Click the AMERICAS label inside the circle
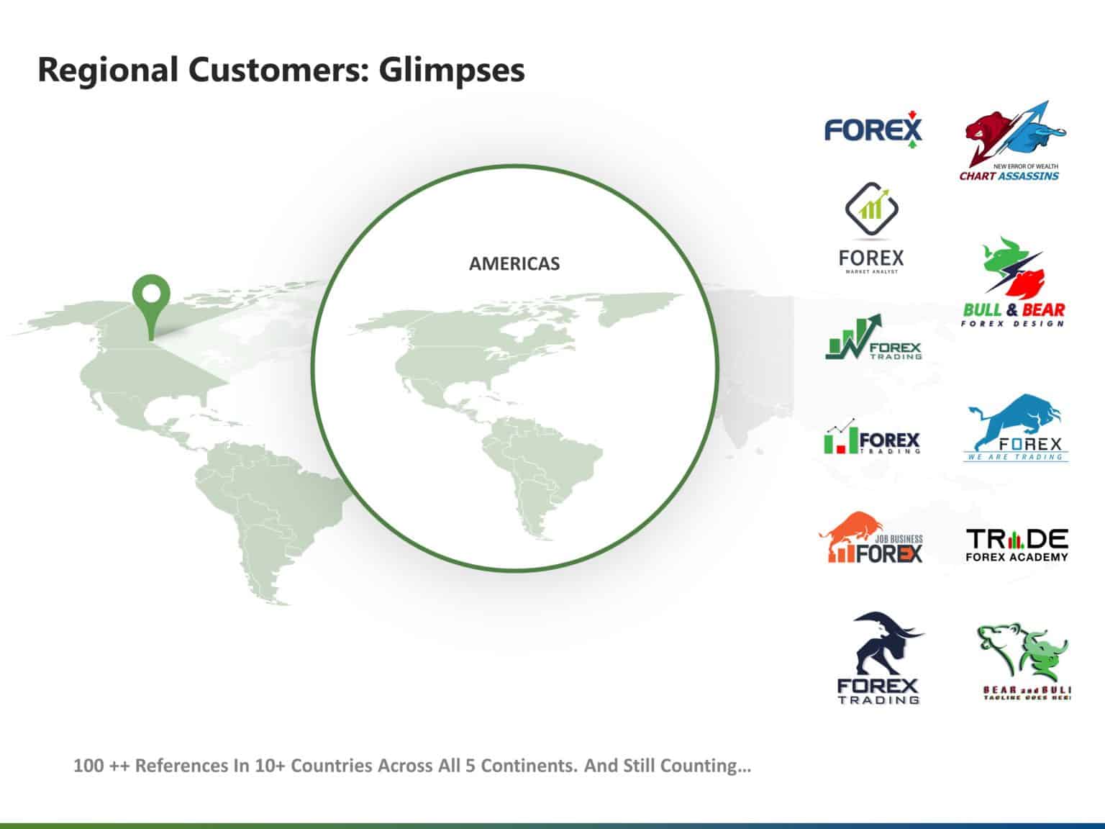tap(514, 264)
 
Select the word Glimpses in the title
tap(451, 71)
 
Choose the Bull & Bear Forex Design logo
tap(1013, 283)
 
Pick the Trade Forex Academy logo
tap(1017, 545)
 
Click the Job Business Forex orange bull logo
tap(871, 538)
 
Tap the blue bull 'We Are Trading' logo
tap(1016, 428)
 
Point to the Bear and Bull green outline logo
tap(1023, 662)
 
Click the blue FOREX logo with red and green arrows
tap(872, 130)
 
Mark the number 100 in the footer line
tap(88, 766)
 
